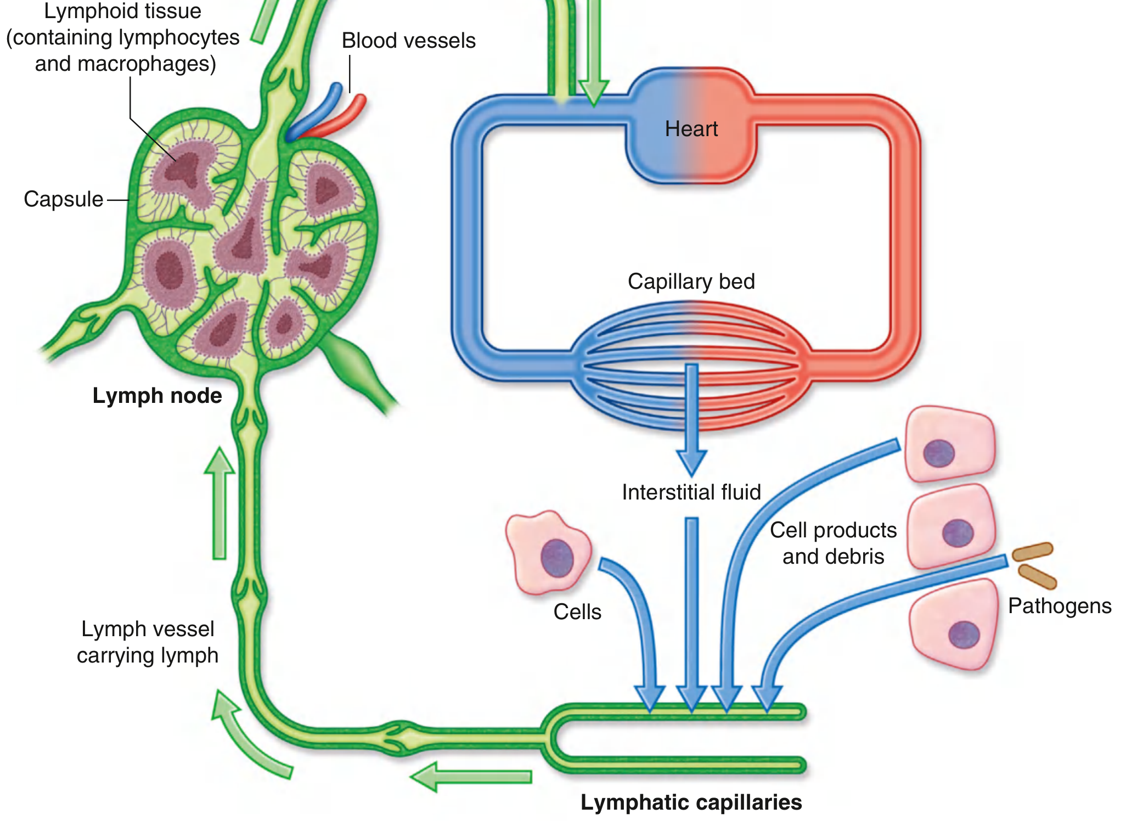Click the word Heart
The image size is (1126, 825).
tap(691, 129)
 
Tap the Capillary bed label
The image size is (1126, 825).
tap(691, 282)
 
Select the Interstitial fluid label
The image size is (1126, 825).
tap(691, 492)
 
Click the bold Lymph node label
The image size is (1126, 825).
tap(157, 396)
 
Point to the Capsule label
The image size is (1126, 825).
tap(63, 199)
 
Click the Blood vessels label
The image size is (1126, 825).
tap(409, 41)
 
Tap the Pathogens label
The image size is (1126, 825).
tap(1060, 606)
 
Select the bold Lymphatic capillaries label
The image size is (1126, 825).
tap(691, 802)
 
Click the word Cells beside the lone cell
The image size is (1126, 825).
tap(577, 612)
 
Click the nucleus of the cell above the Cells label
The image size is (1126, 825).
tap(557, 558)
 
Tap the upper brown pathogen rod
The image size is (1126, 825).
tap(1033, 551)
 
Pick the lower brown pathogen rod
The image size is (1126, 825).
tap(1037, 576)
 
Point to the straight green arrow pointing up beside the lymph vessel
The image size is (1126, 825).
tap(219, 503)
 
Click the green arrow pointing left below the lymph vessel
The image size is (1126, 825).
tap(471, 777)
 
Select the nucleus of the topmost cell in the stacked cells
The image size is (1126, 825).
tap(939, 453)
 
